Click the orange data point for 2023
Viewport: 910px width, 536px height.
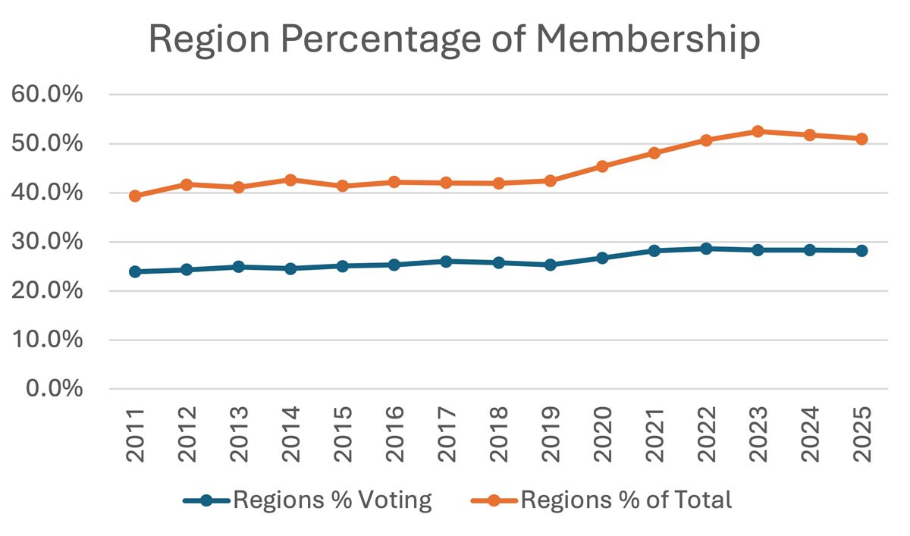tap(757, 131)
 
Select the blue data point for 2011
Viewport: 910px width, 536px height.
tap(135, 271)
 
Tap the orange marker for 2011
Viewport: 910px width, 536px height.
tap(135, 196)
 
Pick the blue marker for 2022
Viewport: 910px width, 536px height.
tap(705, 249)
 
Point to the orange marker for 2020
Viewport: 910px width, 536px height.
tap(601, 166)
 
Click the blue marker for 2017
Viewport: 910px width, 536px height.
tap(446, 262)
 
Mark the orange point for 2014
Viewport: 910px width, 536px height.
tap(290, 180)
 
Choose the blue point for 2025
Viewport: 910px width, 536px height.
tap(861, 251)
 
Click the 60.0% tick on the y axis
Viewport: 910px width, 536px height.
tap(48, 96)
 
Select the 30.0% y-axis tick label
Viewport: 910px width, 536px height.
tap(48, 243)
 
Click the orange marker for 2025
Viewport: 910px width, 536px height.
tap(861, 139)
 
